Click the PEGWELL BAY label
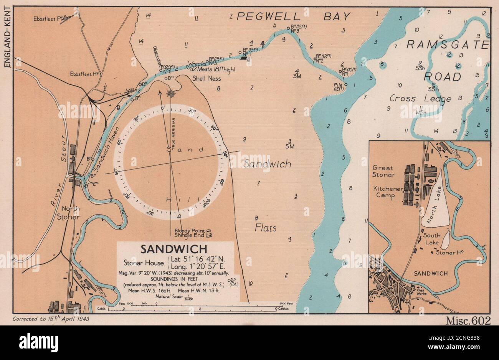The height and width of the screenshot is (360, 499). (293, 17)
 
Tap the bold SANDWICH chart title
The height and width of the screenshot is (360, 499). (173, 249)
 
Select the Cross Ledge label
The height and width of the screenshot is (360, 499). (420, 99)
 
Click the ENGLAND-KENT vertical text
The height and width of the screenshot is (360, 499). (7, 35)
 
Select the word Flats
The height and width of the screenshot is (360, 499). (266, 228)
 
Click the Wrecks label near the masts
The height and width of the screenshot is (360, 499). (197, 64)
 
